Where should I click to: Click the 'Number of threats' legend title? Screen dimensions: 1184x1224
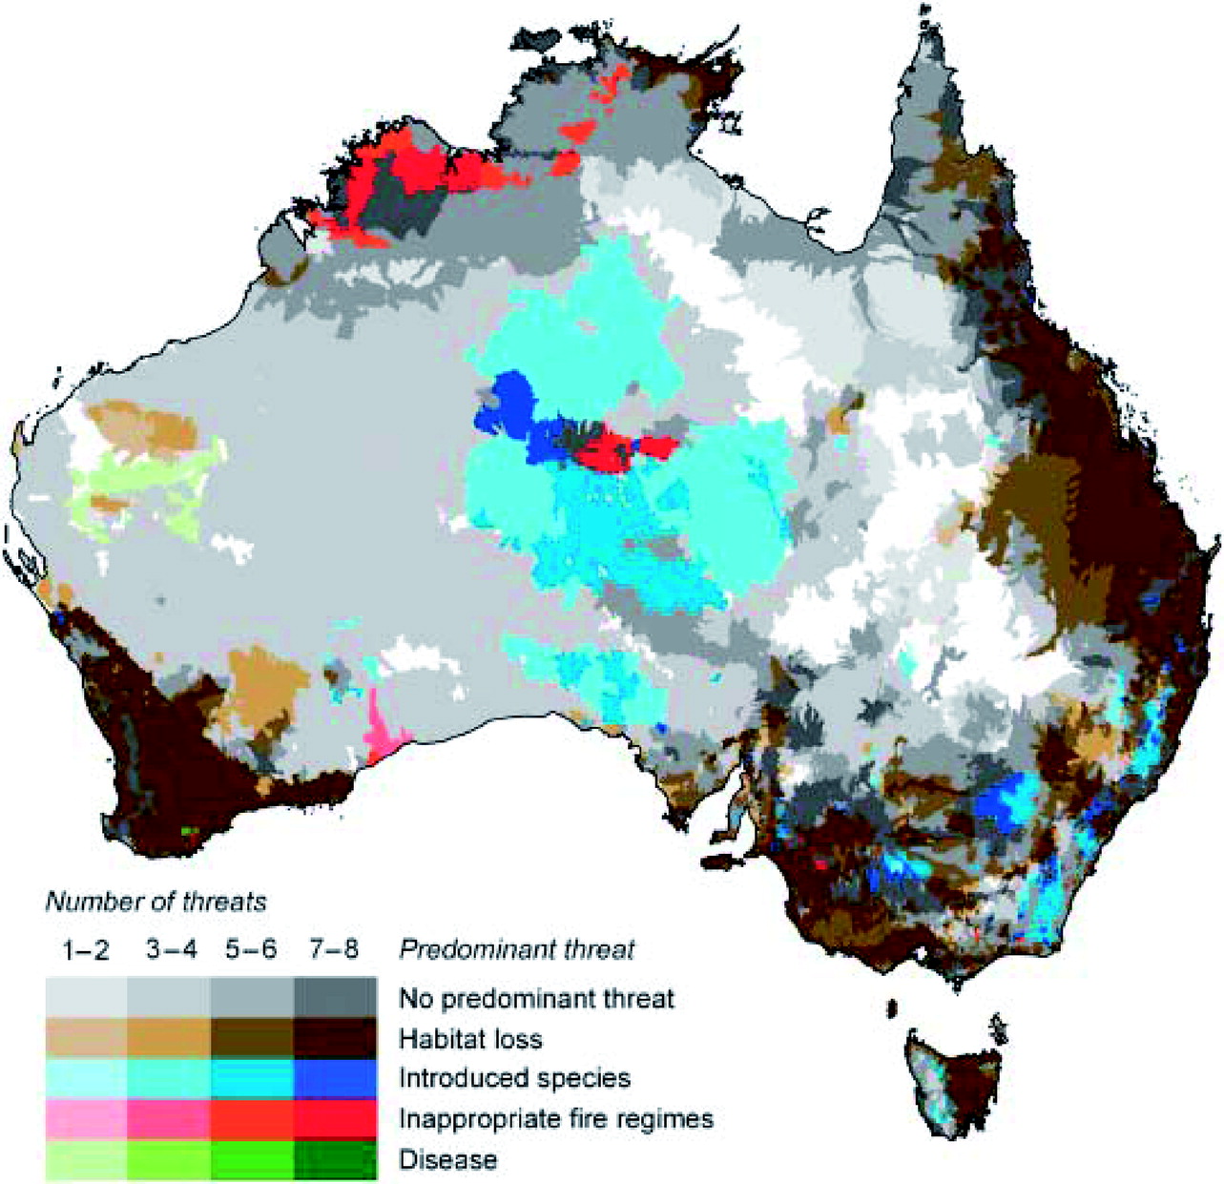pos(156,901)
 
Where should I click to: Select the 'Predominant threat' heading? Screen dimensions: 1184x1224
pos(516,950)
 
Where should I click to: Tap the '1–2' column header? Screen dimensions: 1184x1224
pos(86,950)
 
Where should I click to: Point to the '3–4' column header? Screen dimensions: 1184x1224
pos(168,950)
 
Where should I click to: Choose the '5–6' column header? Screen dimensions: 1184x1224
pos(251,950)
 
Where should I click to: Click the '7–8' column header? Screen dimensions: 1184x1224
pos(334,950)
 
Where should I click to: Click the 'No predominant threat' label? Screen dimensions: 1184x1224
pos(536,999)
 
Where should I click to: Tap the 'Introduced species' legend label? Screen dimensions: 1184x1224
pos(514,1078)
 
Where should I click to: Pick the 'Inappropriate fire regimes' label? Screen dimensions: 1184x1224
pos(555,1118)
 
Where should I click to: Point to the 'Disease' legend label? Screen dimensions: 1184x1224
pos(447,1159)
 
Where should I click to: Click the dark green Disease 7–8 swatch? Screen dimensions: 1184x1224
pos(335,1160)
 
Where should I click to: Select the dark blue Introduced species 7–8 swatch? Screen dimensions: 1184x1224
pos(335,1079)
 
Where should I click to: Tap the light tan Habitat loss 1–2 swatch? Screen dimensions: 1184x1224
pos(86,1039)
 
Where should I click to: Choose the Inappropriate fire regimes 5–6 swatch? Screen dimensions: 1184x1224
pos(252,1119)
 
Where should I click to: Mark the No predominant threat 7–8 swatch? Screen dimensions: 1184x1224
pos(335,998)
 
